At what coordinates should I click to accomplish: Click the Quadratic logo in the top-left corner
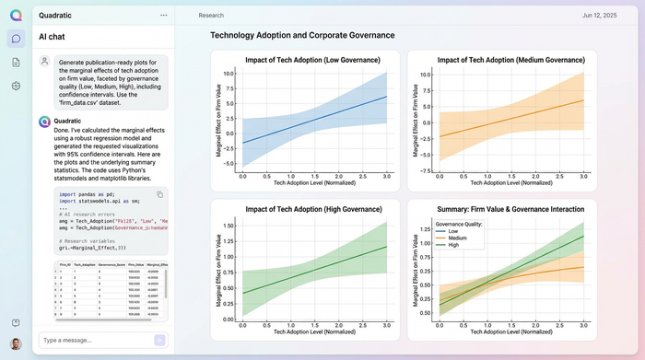tap(16, 15)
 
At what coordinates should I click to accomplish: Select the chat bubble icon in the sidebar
tap(16, 39)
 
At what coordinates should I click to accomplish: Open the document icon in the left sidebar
tap(16, 62)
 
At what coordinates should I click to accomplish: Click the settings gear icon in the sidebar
tap(16, 86)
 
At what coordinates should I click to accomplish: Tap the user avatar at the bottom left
tap(16, 343)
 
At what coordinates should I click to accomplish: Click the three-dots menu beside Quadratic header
tap(163, 16)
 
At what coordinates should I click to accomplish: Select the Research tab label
tap(211, 16)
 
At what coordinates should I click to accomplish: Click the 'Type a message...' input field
tap(92, 340)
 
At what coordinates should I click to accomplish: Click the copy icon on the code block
tap(159, 194)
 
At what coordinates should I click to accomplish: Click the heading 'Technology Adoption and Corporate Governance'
tap(302, 35)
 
